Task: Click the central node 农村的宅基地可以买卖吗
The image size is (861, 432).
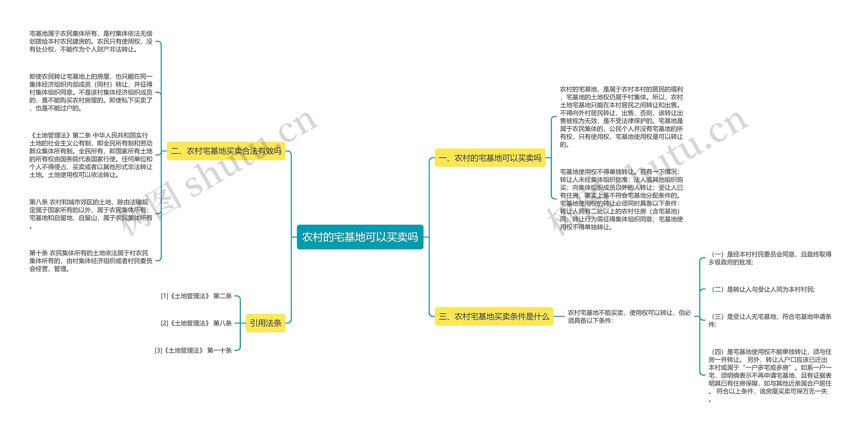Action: coord(360,237)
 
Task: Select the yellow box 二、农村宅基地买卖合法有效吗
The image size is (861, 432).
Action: coord(226,151)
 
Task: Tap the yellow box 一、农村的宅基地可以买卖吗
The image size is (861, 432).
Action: coord(490,158)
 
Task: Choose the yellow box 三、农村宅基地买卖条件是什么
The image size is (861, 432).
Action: coord(494,316)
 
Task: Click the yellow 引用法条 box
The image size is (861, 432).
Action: coord(265,323)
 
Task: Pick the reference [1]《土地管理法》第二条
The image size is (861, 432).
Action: coord(196,296)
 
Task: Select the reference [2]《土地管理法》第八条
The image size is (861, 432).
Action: coord(196,323)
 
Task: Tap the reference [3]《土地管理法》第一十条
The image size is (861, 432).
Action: coord(193,350)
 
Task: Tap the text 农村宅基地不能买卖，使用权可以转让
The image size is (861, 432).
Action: coord(629,316)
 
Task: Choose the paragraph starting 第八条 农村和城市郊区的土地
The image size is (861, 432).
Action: coord(91,213)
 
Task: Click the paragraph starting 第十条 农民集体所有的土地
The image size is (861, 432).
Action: coord(91,261)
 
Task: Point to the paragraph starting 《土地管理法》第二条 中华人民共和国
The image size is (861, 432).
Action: coord(91,155)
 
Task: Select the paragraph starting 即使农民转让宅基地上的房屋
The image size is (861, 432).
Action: coord(91,92)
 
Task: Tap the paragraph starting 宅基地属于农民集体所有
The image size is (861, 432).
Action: coord(91,41)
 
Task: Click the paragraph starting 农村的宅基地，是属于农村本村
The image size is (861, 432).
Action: coord(621,117)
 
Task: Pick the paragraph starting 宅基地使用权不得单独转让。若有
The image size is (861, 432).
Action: coord(621,199)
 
